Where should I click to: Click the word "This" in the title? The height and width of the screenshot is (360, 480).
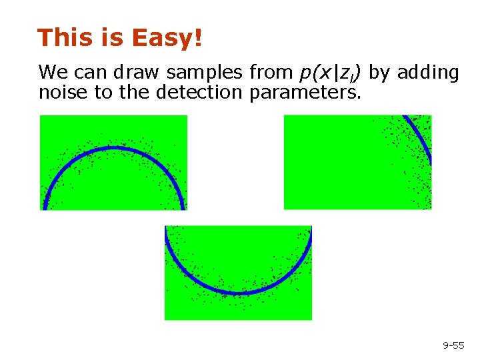coord(62,38)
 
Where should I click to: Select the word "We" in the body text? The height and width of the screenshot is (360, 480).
coord(51,72)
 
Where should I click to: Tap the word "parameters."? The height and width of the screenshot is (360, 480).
coord(305,93)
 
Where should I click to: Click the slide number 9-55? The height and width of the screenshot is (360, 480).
coord(454,345)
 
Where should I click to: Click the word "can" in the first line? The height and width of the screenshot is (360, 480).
coord(87,72)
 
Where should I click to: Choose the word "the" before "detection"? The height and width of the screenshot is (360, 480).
coord(135,92)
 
